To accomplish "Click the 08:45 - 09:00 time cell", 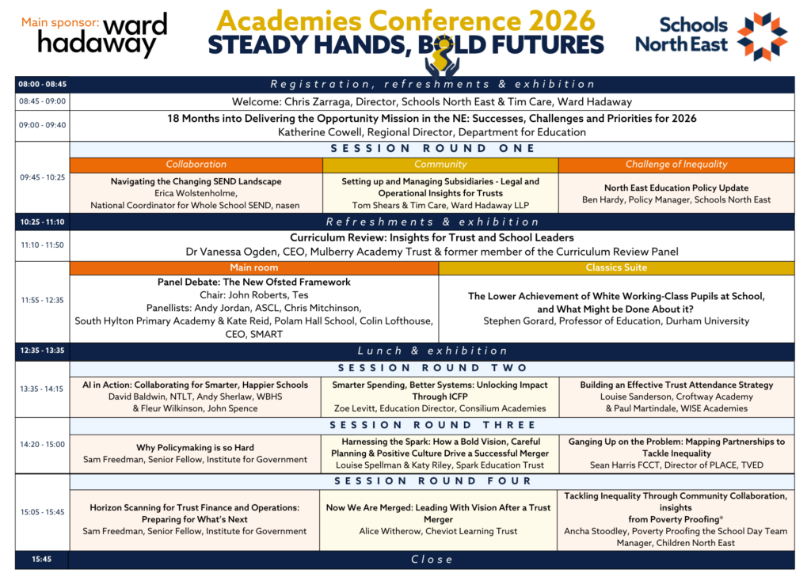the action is pyautogui.click(x=43, y=101).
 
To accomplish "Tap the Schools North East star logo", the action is pyautogui.click(x=762, y=36).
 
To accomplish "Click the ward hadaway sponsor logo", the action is pyautogui.click(x=102, y=35).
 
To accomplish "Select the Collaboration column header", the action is pyautogui.click(x=196, y=165).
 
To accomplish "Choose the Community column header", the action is pyautogui.click(x=440, y=165).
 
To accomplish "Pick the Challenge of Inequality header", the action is pyautogui.click(x=676, y=165).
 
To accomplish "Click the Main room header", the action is pyautogui.click(x=254, y=268).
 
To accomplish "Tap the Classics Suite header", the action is pyautogui.click(x=616, y=268).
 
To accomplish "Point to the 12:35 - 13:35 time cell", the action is pyautogui.click(x=43, y=351).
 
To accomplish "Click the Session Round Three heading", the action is pyautogui.click(x=432, y=425).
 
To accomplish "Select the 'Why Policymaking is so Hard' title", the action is pyautogui.click(x=195, y=447).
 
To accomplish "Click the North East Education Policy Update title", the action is pyautogui.click(x=676, y=188).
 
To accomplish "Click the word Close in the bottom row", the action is pyautogui.click(x=432, y=560).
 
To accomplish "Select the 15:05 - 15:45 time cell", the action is pyautogui.click(x=43, y=512).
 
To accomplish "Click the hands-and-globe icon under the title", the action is pyautogui.click(x=442, y=60).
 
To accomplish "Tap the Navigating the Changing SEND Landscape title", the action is pyautogui.click(x=196, y=181).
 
